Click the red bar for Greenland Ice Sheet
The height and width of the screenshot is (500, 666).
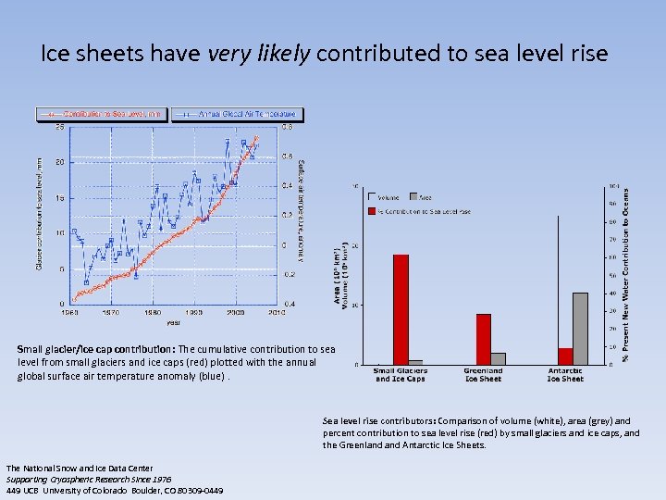click(483, 339)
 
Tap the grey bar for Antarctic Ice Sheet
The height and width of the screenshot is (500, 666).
click(580, 328)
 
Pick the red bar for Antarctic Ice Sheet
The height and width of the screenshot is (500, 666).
click(565, 356)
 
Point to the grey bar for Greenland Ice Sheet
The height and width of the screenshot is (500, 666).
click(498, 358)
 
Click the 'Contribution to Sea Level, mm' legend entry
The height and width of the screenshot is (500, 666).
click(101, 114)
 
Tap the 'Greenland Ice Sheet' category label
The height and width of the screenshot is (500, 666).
click(483, 375)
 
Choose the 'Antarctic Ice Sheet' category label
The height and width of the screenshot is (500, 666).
click(565, 375)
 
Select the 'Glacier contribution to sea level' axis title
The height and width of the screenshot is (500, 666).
click(39, 215)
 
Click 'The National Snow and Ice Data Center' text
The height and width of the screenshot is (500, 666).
click(66, 468)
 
